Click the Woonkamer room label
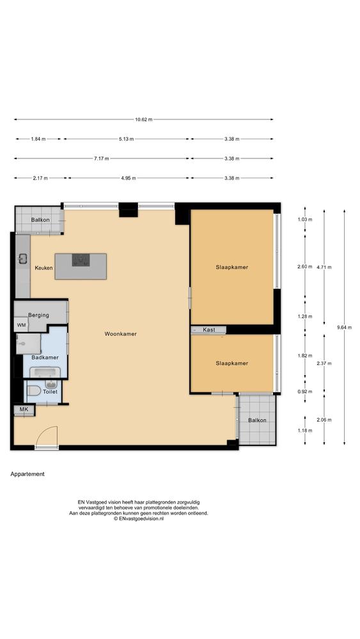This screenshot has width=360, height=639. click(120, 334)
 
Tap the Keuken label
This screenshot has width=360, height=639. click(43, 268)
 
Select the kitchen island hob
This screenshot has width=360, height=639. click(81, 259)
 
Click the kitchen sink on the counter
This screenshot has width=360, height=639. click(22, 258)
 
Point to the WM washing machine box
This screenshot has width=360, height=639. click(21, 325)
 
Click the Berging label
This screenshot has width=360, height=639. click(38, 315)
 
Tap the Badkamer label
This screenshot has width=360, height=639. click(45, 357)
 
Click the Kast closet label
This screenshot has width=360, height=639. click(208, 330)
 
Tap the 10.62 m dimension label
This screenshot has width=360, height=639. click(143, 119)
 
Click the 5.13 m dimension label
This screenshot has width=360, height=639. click(127, 139)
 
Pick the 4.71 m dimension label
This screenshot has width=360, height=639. click(324, 267)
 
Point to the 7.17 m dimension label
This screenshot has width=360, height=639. click(101, 158)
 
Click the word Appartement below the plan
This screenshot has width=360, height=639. click(27, 474)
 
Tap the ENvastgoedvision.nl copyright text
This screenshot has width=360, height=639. click(138, 519)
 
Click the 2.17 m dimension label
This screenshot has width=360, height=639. click(40, 178)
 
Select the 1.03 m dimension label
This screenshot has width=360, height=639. click(305, 220)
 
